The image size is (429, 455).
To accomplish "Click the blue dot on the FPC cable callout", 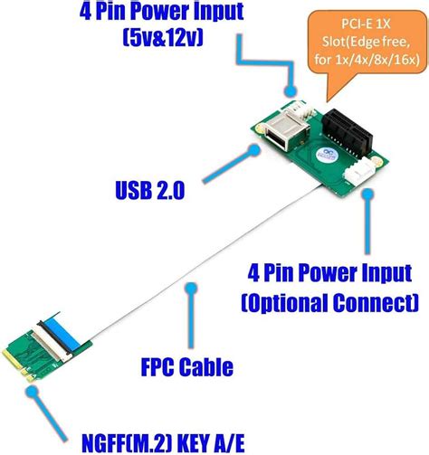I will pos(190,289).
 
